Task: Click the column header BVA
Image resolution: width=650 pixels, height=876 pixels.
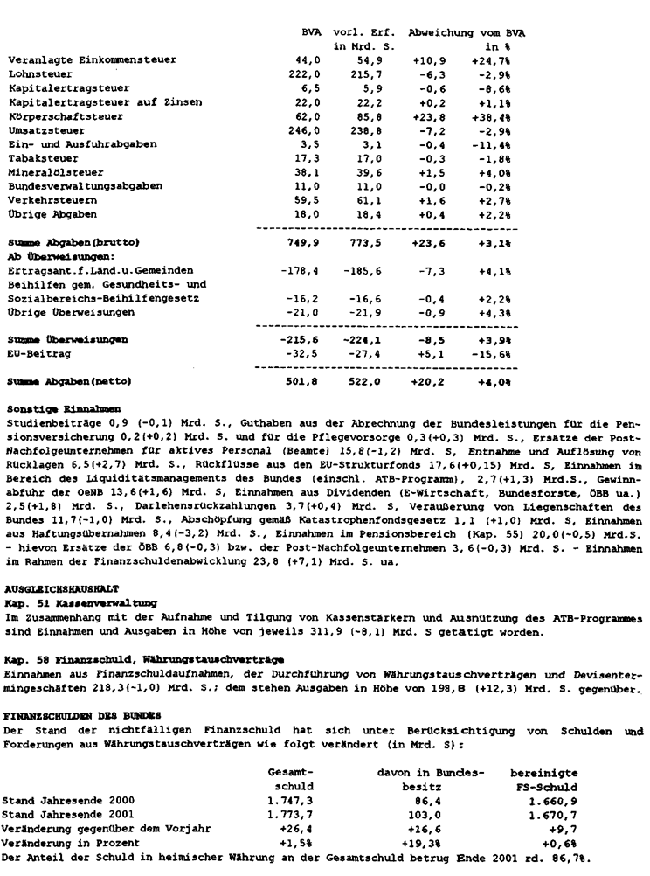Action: tap(311, 31)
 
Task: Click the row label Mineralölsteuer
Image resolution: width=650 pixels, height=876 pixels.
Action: tap(44, 173)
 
